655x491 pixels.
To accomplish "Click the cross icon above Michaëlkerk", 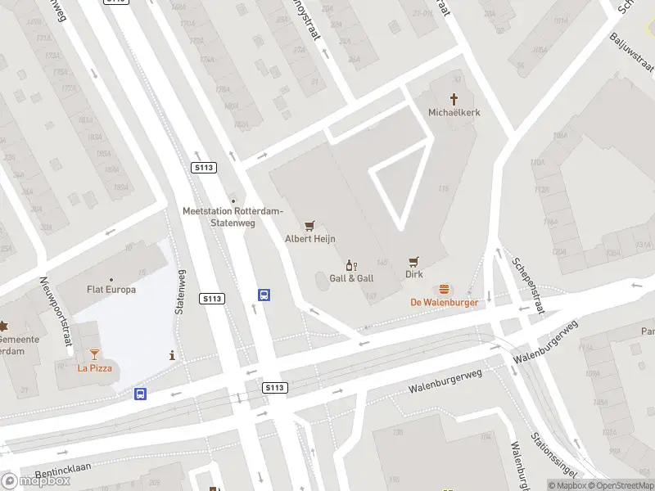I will pos(454,98).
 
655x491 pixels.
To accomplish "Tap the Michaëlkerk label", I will pos(454,112).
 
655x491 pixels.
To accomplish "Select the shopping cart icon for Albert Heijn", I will pos(309,226).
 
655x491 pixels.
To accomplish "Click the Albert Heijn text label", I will pos(309,239).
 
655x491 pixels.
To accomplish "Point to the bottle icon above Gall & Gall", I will pos(352,265).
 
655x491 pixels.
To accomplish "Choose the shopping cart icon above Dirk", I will pos(414,262).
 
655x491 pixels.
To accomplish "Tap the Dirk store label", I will pos(414,275).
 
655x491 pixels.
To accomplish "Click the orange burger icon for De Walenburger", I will pos(445,289).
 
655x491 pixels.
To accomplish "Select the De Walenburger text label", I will pos(445,302).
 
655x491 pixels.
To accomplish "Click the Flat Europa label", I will pos(111,290).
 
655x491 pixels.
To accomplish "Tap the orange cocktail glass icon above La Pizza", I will pos(94,354).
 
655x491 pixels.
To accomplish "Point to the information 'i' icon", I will pos(172,355).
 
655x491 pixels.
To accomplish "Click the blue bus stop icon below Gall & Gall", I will pos(264,295).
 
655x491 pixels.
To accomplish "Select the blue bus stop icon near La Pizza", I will pos(141,394).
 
